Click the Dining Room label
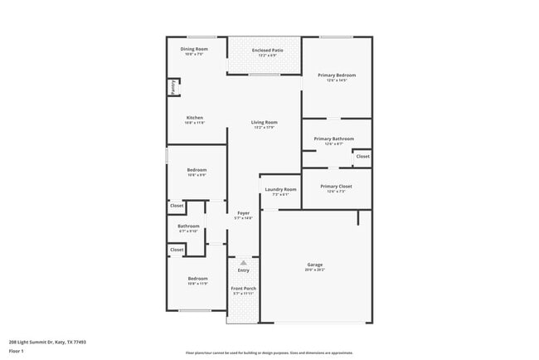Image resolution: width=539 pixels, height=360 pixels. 194,50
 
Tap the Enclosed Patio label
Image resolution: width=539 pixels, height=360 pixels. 265,51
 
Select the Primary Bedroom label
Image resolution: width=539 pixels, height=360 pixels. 337,75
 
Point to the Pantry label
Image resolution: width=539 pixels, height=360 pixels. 172,85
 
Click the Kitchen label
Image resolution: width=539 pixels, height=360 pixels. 195,118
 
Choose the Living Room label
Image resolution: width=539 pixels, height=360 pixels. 265,123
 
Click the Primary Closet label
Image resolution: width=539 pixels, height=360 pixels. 336,187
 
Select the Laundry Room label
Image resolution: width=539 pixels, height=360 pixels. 279,190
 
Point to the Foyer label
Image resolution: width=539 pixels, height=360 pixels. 244,213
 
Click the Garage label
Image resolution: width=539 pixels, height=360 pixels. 315,265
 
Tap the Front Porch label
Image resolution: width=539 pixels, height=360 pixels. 244,289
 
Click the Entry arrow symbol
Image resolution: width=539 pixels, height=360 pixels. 244,262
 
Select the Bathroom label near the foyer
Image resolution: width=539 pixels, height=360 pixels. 188,226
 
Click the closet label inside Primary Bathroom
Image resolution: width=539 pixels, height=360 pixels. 362,156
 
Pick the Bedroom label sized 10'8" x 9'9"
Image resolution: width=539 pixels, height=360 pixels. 197,170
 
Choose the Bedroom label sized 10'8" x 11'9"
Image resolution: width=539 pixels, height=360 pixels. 197,279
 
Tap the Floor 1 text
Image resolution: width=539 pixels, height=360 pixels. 17,351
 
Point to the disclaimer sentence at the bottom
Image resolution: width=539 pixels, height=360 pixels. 269,353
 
